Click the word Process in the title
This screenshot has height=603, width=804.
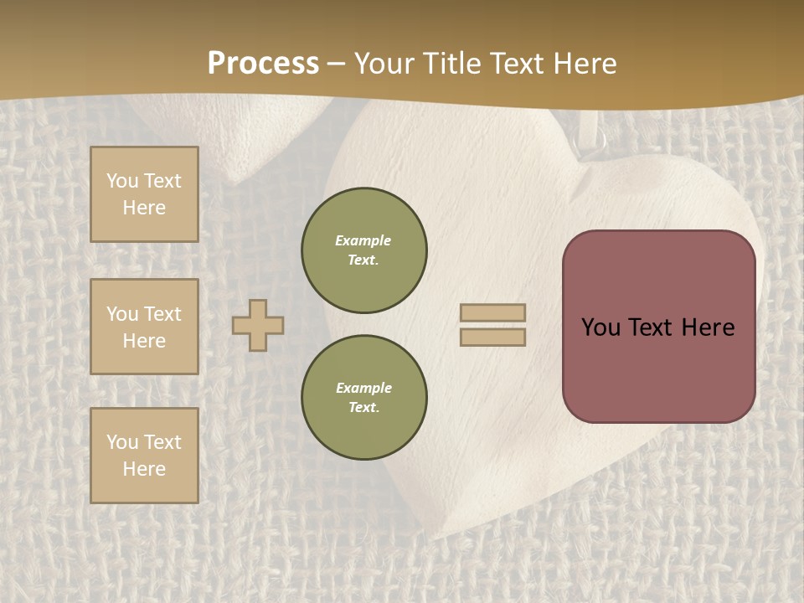click(x=263, y=64)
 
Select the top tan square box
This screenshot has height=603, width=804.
click(x=144, y=194)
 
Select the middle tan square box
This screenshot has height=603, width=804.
click(x=144, y=327)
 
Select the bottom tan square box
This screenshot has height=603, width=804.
click(x=144, y=455)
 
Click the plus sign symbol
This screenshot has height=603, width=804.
click(x=258, y=325)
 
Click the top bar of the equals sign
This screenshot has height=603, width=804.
click(x=492, y=312)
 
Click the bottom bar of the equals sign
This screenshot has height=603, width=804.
click(x=492, y=337)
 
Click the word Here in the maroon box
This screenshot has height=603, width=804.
click(x=708, y=327)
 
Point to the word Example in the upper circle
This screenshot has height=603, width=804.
click(x=363, y=240)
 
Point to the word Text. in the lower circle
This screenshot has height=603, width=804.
click(x=363, y=408)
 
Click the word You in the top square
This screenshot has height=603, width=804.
click(x=122, y=181)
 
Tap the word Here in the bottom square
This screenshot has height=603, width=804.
click(x=144, y=469)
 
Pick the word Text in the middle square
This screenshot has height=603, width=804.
click(x=162, y=314)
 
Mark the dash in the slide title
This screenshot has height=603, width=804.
click(x=337, y=64)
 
